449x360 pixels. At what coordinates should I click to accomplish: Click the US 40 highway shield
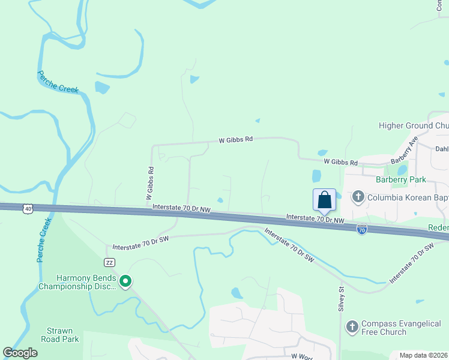point(28,208)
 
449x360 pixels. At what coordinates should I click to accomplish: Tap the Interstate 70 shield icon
point(361,229)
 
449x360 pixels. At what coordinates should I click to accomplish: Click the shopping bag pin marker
point(324,200)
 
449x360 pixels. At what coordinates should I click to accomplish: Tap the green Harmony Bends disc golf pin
point(125,281)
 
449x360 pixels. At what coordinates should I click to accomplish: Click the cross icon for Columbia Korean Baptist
point(358,197)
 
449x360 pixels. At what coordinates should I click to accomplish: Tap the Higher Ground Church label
point(414,125)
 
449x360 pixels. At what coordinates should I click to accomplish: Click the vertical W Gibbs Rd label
point(150,183)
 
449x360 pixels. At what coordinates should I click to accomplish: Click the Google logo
point(20,353)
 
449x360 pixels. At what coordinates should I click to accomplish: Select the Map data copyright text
point(423,355)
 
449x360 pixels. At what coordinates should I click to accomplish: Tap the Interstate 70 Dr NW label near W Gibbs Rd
point(181,208)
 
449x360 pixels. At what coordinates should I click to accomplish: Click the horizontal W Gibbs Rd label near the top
point(235,140)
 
